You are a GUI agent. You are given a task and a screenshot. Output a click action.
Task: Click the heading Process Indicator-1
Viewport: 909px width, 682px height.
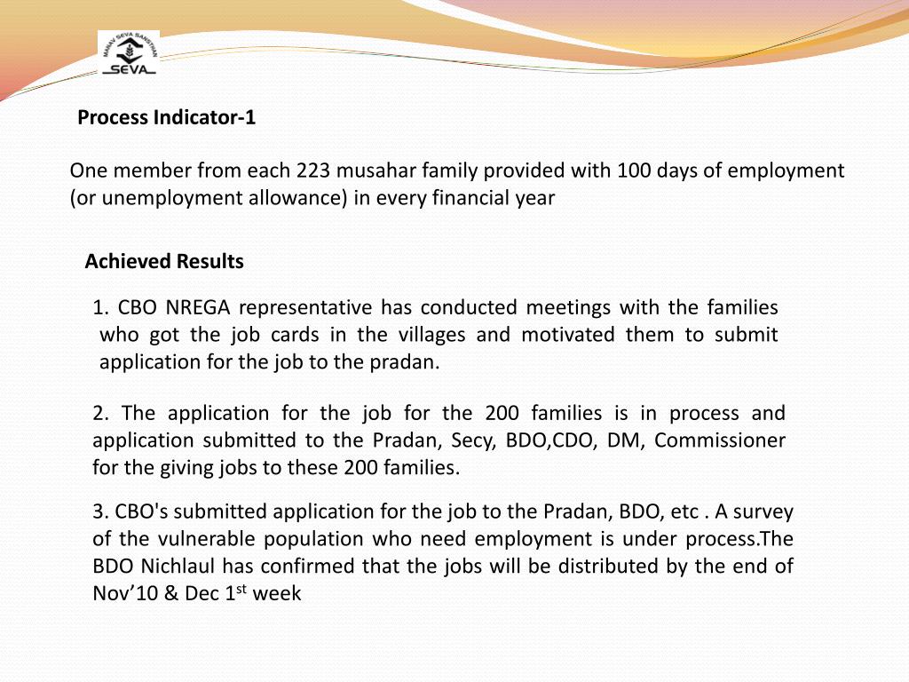[x=167, y=117]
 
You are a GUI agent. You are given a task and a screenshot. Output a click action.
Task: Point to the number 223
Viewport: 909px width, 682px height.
[x=313, y=170]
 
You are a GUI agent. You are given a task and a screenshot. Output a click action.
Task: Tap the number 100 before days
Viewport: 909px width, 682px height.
[x=634, y=170]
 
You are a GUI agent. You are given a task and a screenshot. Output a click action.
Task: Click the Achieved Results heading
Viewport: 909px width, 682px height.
[x=164, y=261]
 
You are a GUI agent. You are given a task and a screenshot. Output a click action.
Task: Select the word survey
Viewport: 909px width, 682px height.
[x=764, y=511]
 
